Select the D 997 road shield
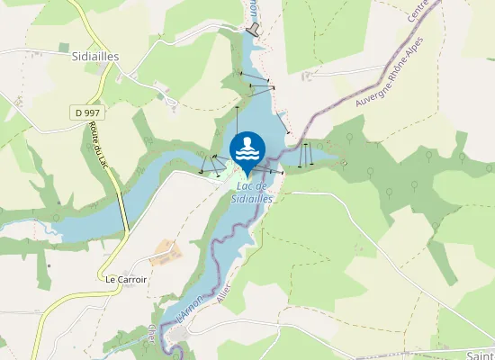pos(85,112)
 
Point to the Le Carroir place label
pos(126,279)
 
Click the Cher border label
pos(152,335)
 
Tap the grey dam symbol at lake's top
pos(253,30)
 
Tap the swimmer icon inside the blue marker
pos(247,149)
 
